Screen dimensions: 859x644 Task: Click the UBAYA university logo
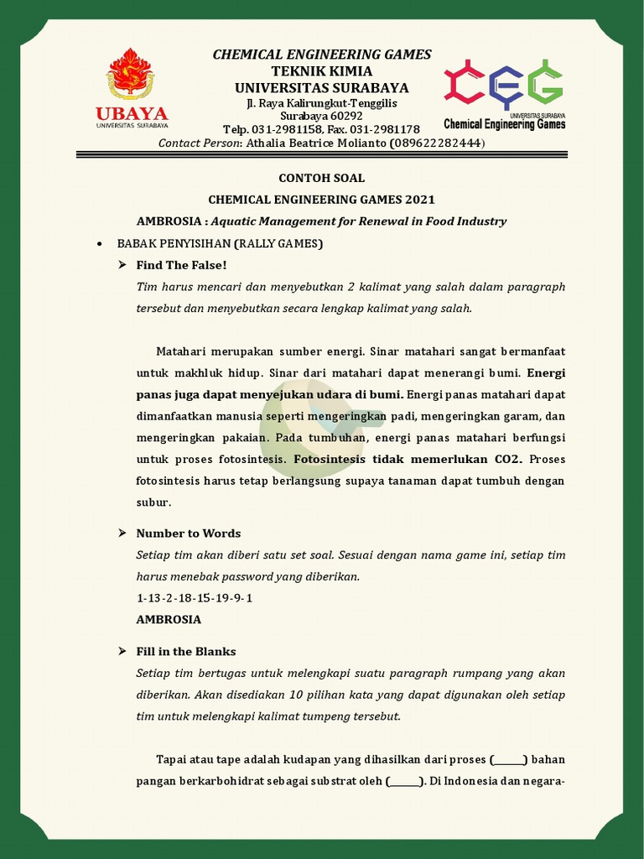coord(131,89)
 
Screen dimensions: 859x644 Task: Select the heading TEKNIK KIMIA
coord(322,71)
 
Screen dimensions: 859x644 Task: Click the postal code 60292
coord(344,116)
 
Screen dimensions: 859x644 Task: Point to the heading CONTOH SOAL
coord(322,178)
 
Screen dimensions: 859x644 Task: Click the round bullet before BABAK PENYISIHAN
coord(100,243)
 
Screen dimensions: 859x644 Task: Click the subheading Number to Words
coord(189,534)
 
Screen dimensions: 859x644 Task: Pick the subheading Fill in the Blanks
coord(186,652)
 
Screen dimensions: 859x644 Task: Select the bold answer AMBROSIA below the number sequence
coord(169,620)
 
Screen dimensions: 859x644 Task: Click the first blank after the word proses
coord(508,760)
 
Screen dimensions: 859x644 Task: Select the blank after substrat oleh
coord(405,782)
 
